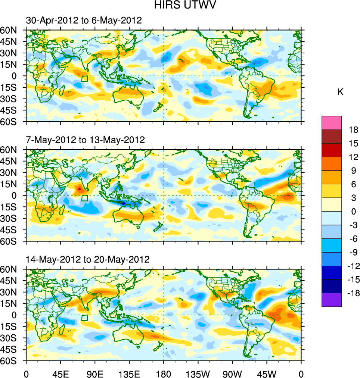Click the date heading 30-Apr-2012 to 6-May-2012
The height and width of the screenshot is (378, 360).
click(84, 21)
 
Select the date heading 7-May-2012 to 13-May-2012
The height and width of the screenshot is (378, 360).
click(85, 140)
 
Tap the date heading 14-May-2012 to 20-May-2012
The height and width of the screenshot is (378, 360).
click(87, 259)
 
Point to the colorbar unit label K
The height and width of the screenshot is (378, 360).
click(340, 92)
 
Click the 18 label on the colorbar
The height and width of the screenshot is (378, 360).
click(353, 130)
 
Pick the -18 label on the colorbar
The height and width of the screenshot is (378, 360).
click(353, 293)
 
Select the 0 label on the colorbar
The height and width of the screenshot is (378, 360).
click(353, 212)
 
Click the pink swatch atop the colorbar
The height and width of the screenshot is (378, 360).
click(332, 123)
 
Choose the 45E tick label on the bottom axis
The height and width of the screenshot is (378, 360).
click(60, 373)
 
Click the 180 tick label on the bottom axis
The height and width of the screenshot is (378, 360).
click(164, 373)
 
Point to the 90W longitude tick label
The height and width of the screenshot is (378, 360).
click(232, 373)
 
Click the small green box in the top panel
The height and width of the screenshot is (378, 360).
click(84, 79)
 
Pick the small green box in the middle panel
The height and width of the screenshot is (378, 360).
click(84, 198)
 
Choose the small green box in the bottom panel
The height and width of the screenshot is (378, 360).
click(84, 318)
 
